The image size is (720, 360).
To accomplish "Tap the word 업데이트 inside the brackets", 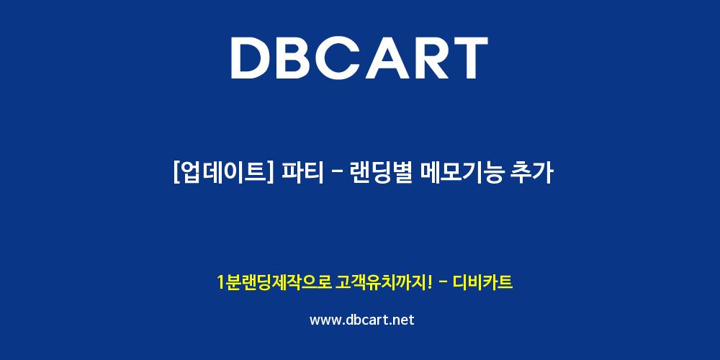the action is tap(223, 174).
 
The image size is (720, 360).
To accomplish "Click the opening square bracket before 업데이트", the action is tap(176, 174).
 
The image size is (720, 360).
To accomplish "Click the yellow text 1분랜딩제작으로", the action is tap(274, 282).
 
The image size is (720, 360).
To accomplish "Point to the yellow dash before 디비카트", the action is tap(444, 282).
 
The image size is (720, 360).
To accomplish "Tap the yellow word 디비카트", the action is tap(482, 282).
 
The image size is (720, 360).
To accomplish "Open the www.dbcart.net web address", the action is tap(362, 320).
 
